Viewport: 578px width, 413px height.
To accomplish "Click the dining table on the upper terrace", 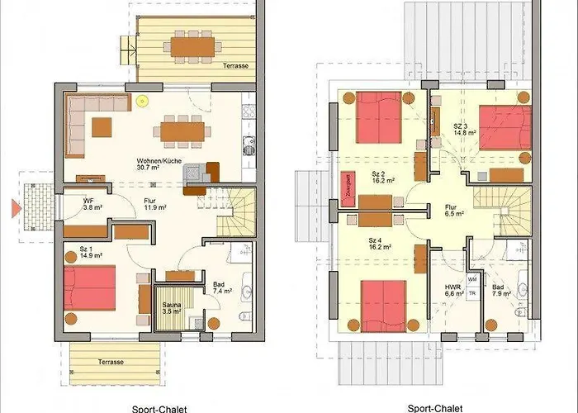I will (x=192, y=45).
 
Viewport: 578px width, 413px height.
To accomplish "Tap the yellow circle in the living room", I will (x=142, y=102).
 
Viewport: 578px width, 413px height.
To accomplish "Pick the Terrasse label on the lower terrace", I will (x=111, y=361).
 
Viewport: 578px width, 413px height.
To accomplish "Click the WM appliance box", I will (x=472, y=279).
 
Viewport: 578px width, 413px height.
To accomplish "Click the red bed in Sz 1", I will (x=90, y=287).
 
